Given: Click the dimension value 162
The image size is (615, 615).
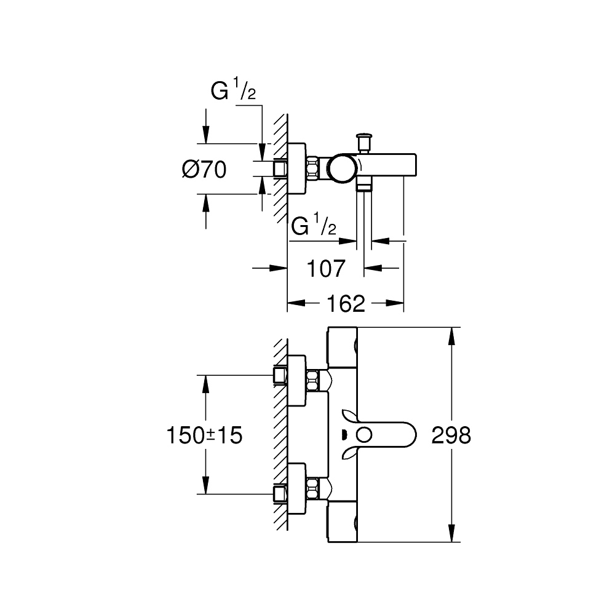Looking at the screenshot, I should point(346,303).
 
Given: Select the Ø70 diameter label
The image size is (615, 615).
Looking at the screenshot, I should point(204,169).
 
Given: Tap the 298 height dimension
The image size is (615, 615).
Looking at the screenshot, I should point(451,435).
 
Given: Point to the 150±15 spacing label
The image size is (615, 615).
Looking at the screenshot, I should point(204,435).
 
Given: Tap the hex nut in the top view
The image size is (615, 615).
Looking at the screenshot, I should point(313,168).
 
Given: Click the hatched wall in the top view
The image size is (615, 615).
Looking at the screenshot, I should point(280,160).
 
